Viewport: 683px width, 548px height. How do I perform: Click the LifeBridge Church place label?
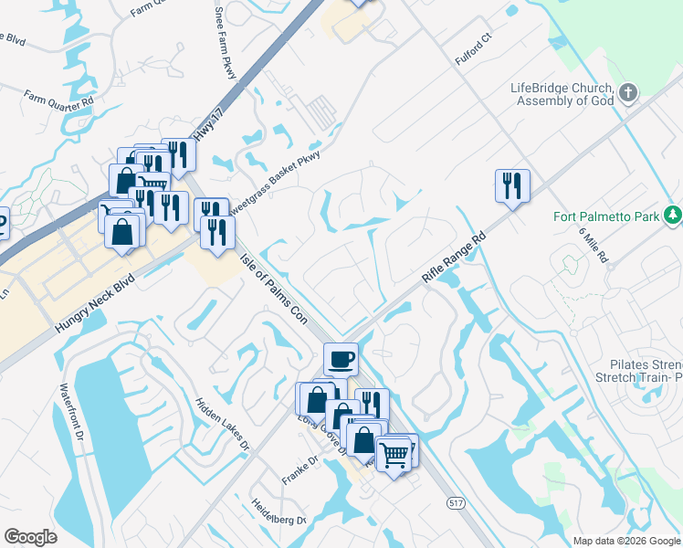click(x=561, y=94)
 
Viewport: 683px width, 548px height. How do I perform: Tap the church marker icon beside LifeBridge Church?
click(x=627, y=92)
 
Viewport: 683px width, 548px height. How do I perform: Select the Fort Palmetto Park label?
click(x=605, y=216)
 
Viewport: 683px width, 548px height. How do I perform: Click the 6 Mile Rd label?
click(x=594, y=245)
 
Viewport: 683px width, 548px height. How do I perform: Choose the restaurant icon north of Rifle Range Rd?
click(x=512, y=185)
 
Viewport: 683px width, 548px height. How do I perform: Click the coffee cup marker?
click(x=341, y=358)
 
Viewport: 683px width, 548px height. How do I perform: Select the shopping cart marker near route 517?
click(x=394, y=453)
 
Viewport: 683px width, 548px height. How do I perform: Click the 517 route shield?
click(x=455, y=503)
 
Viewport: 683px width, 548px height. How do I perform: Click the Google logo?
click(x=30, y=537)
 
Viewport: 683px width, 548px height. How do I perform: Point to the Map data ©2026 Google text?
click(x=626, y=541)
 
